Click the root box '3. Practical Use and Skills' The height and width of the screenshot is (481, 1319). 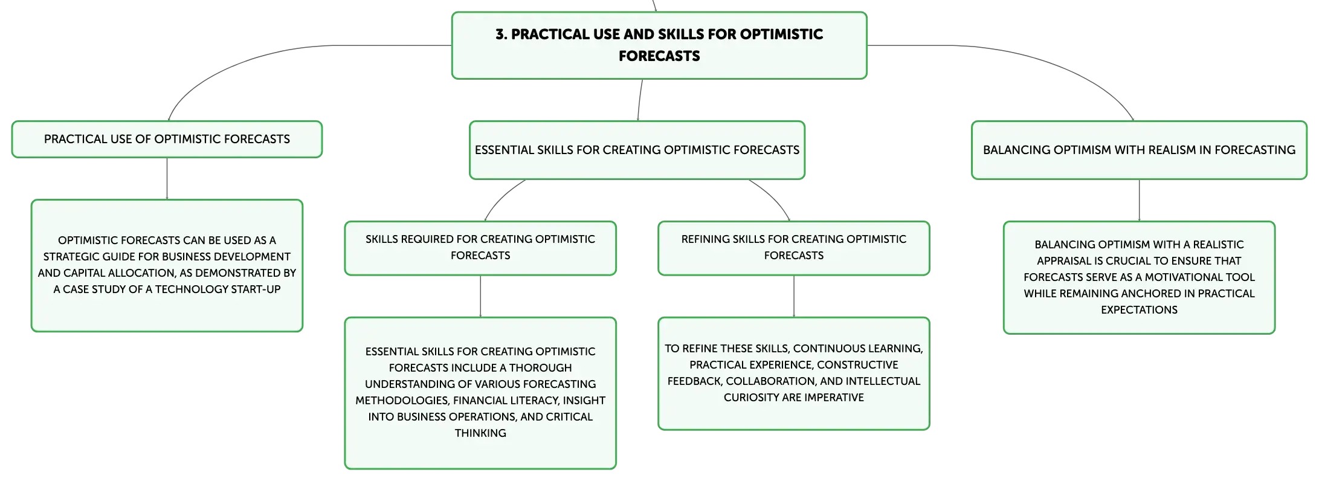point(659,45)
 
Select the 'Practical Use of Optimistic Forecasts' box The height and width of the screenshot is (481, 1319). point(167,139)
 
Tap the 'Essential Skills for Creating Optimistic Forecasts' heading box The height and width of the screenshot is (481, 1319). point(637,150)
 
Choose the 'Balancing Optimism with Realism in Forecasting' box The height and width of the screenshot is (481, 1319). point(1139,150)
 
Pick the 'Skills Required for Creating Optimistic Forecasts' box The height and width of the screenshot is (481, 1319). point(480,248)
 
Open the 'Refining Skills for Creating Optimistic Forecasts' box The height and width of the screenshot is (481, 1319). point(793,248)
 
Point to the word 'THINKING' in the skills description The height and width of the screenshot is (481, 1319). point(480,433)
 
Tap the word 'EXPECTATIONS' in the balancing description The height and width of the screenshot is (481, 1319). point(1139,310)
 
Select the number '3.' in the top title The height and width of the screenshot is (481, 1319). point(501,34)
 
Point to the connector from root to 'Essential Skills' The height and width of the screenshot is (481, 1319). point(640,100)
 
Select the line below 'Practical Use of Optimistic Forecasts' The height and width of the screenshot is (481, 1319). point(167,178)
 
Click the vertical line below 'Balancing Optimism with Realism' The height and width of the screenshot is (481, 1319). point(1139,200)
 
